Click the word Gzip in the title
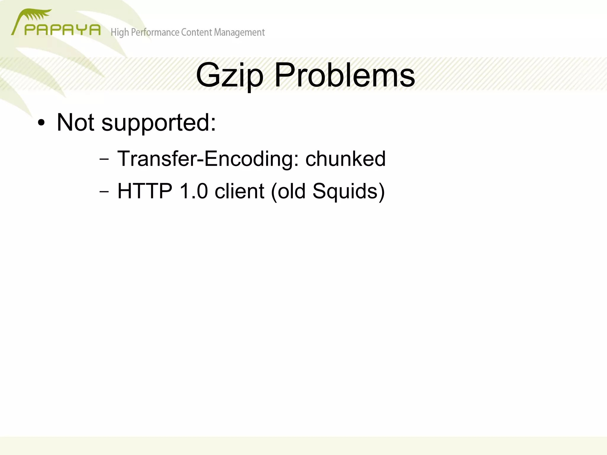click(229, 76)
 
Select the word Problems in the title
click(345, 76)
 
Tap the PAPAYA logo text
click(62, 30)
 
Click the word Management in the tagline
click(239, 32)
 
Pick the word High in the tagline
click(120, 32)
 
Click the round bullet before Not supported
click(41, 123)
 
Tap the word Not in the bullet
click(75, 122)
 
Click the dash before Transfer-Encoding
click(104, 159)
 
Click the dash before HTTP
click(104, 191)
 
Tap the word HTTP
click(145, 191)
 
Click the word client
click(239, 191)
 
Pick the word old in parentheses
click(291, 191)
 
